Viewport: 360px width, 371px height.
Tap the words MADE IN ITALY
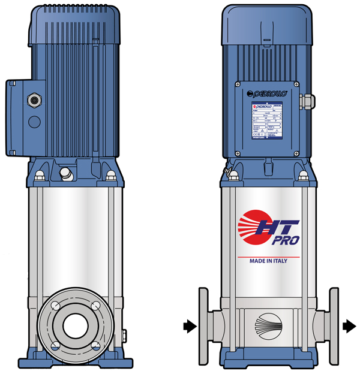[x=272, y=261]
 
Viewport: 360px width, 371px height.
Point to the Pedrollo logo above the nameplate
[x=268, y=93]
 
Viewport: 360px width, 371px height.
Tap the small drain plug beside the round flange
[x=124, y=333]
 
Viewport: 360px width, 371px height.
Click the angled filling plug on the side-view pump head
[x=65, y=174]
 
